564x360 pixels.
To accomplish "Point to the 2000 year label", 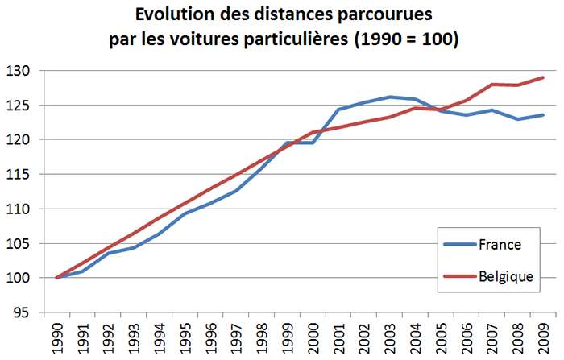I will pos(312,339).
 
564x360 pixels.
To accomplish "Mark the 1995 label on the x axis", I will pos(185,339).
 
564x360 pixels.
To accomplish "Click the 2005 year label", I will pos(439,339).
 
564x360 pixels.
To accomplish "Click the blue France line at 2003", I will pos(388,97).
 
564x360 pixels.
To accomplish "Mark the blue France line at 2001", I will pos(338,110).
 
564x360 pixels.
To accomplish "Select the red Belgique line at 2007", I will pos(490,84).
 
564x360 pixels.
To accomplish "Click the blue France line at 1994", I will pos(159,234).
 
